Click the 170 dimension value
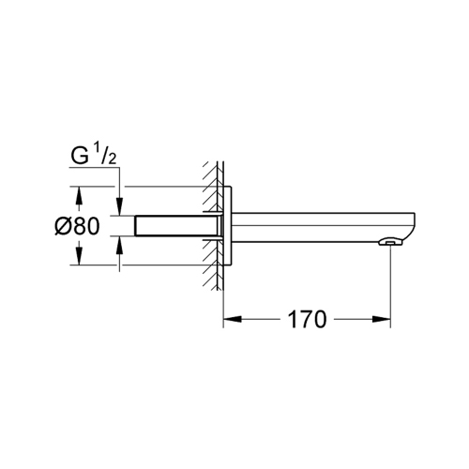point(306,320)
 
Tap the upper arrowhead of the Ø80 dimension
point(79,194)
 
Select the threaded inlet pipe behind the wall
point(174,226)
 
